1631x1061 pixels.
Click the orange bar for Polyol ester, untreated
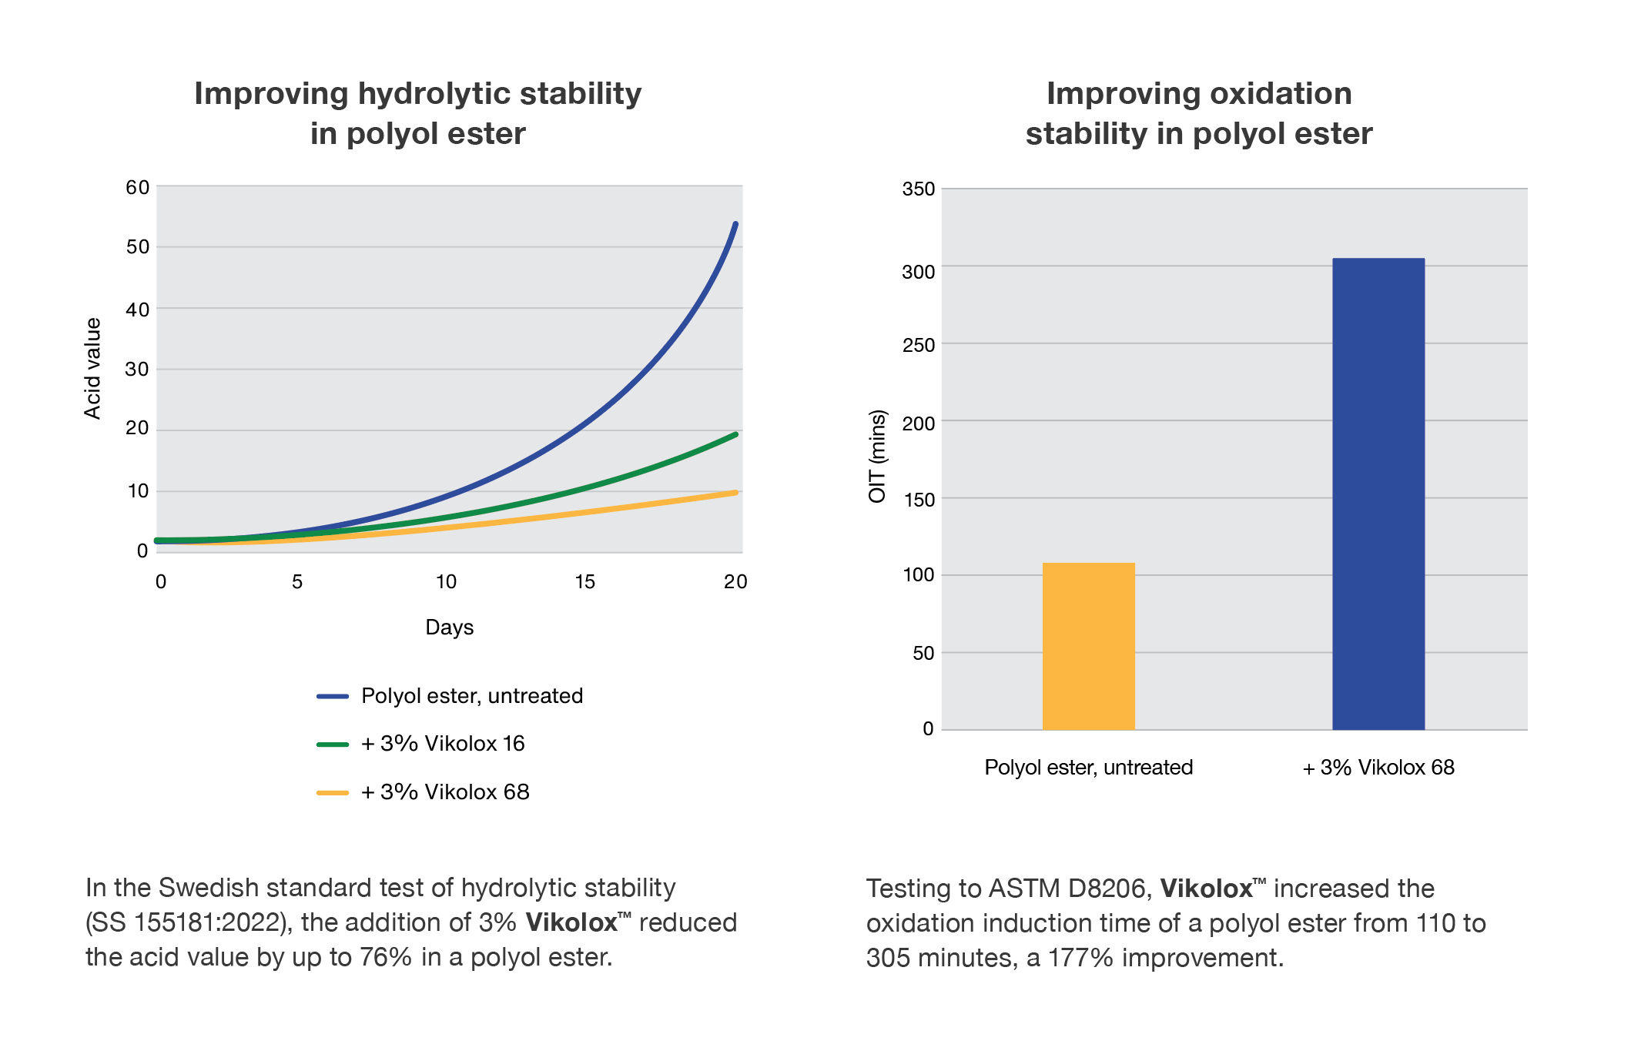(1088, 647)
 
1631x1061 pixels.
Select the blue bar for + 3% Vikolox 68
(1378, 493)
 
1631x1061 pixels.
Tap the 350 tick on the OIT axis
(918, 189)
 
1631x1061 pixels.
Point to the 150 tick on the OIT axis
(918, 500)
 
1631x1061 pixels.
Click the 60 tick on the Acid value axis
(137, 188)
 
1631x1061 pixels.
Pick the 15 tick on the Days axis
(584, 582)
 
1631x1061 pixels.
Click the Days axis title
(449, 628)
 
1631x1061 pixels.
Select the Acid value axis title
(92, 368)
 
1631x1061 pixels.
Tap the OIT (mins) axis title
(877, 456)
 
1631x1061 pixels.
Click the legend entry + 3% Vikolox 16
(442, 744)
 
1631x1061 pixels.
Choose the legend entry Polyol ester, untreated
(471, 696)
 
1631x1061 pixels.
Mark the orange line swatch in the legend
(333, 792)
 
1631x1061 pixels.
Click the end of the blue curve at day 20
(735, 225)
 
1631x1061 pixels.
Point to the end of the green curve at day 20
(735, 435)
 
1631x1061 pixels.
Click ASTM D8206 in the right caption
(1070, 889)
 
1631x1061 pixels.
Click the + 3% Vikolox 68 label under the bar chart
(1378, 768)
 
